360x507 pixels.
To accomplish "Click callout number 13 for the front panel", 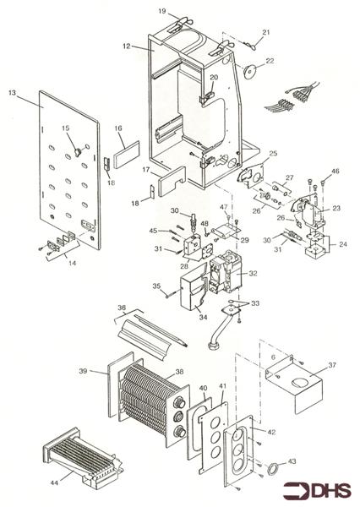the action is click(12, 93).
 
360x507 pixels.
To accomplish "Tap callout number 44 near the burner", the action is click(54, 483).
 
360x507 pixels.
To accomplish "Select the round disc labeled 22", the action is click(250, 72).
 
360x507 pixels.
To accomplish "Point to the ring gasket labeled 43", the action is click(273, 468).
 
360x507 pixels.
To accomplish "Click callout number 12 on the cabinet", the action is click(127, 46).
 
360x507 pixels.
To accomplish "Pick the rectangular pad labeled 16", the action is click(127, 155).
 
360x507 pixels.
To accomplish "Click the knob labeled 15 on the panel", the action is click(78, 151).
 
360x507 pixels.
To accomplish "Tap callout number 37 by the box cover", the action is click(332, 365).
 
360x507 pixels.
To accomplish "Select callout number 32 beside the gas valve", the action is click(253, 273).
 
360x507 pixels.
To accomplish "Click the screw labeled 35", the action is click(172, 294).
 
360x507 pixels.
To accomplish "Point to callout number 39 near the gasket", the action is click(83, 371).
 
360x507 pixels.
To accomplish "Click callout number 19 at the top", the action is click(162, 11).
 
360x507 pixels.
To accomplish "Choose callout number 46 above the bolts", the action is click(335, 171).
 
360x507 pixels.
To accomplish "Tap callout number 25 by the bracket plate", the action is click(273, 153).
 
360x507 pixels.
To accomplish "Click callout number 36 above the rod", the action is click(122, 308).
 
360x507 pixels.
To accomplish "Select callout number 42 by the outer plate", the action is click(272, 432).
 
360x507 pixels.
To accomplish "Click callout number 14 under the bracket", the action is click(73, 263).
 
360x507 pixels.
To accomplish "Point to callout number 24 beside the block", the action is click(343, 244).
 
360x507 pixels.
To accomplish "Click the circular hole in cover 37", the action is click(301, 383).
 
